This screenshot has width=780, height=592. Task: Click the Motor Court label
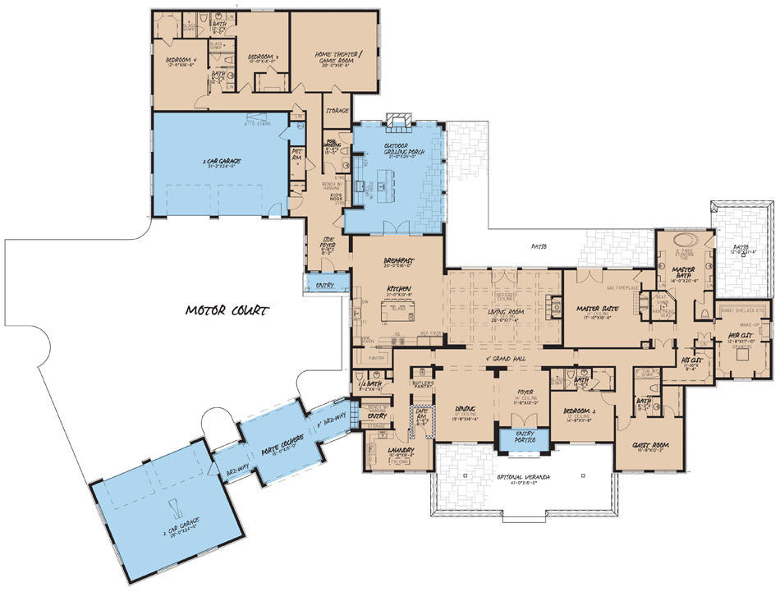[227, 310]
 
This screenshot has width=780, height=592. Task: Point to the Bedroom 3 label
[264, 57]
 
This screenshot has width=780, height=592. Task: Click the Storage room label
[337, 110]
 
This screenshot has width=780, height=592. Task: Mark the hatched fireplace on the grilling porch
[401, 122]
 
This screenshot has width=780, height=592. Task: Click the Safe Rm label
[422, 415]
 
